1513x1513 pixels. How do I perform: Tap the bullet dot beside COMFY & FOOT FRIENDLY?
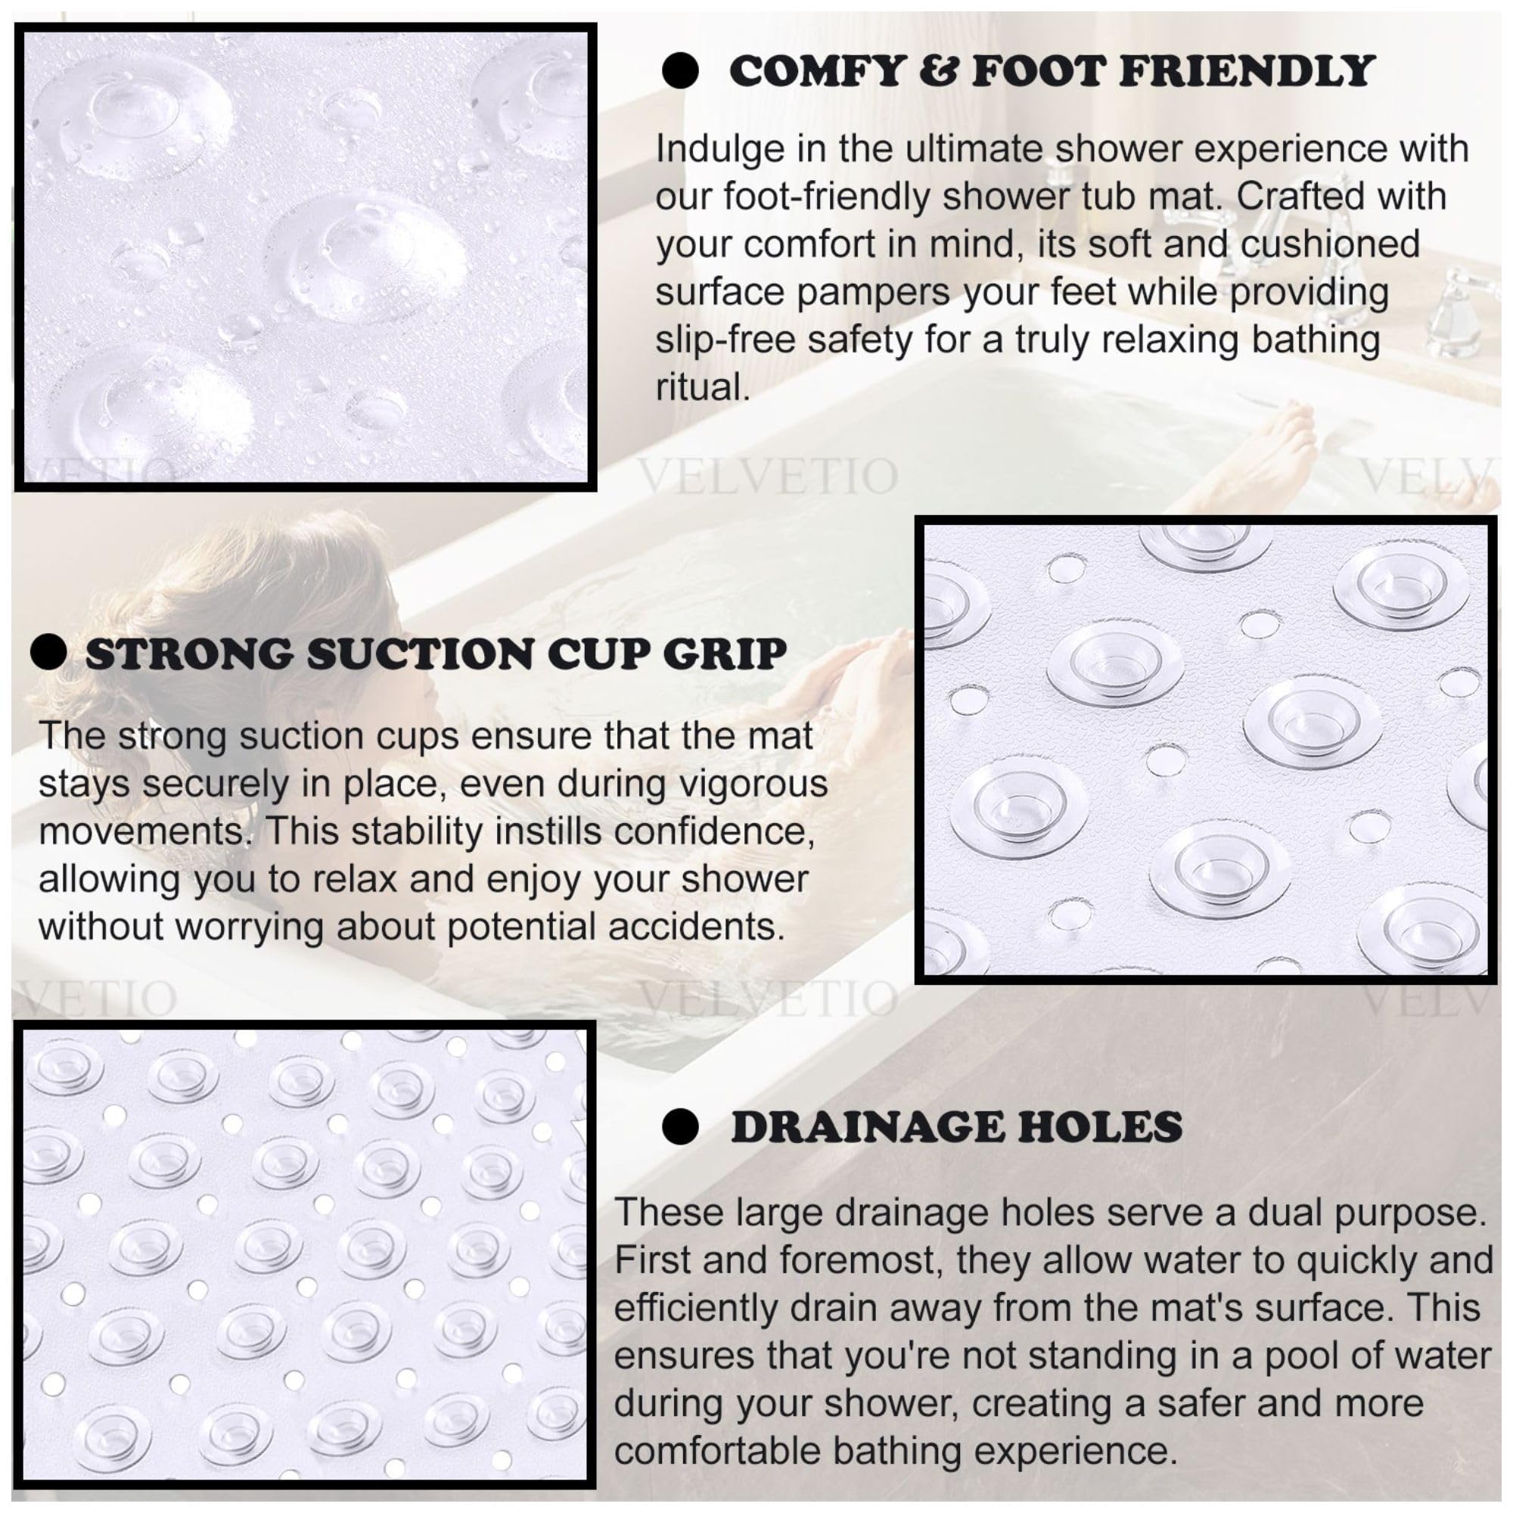click(x=680, y=71)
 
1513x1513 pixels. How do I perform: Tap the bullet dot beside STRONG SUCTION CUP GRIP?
click(x=48, y=652)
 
